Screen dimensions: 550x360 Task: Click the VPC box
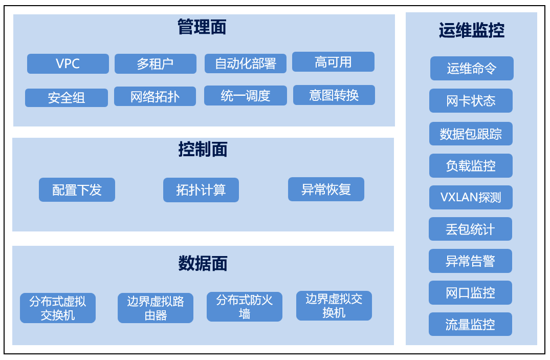[68, 63]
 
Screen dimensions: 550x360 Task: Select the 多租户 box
[156, 63]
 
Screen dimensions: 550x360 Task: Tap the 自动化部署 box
[246, 63]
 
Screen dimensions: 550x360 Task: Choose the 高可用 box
[333, 62]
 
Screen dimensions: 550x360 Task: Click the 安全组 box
[67, 98]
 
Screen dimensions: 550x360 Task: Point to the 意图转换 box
[334, 95]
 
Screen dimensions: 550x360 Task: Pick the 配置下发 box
[77, 189]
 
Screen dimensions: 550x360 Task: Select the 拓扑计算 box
[201, 190]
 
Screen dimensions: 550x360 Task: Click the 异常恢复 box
[326, 189]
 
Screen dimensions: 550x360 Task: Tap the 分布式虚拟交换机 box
[58, 308]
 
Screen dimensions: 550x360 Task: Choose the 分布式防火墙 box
[245, 307]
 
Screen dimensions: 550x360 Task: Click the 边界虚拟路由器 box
[156, 308]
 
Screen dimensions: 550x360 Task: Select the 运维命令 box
[472, 69]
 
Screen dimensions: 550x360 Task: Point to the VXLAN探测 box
[471, 197]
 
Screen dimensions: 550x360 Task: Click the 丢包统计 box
[470, 229]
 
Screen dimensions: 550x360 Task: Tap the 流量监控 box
[470, 324]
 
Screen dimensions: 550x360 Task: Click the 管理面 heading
[202, 27]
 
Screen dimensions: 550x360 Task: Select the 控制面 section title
[203, 149]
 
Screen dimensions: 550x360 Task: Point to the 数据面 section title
[203, 263]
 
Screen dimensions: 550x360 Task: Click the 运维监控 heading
[472, 30]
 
